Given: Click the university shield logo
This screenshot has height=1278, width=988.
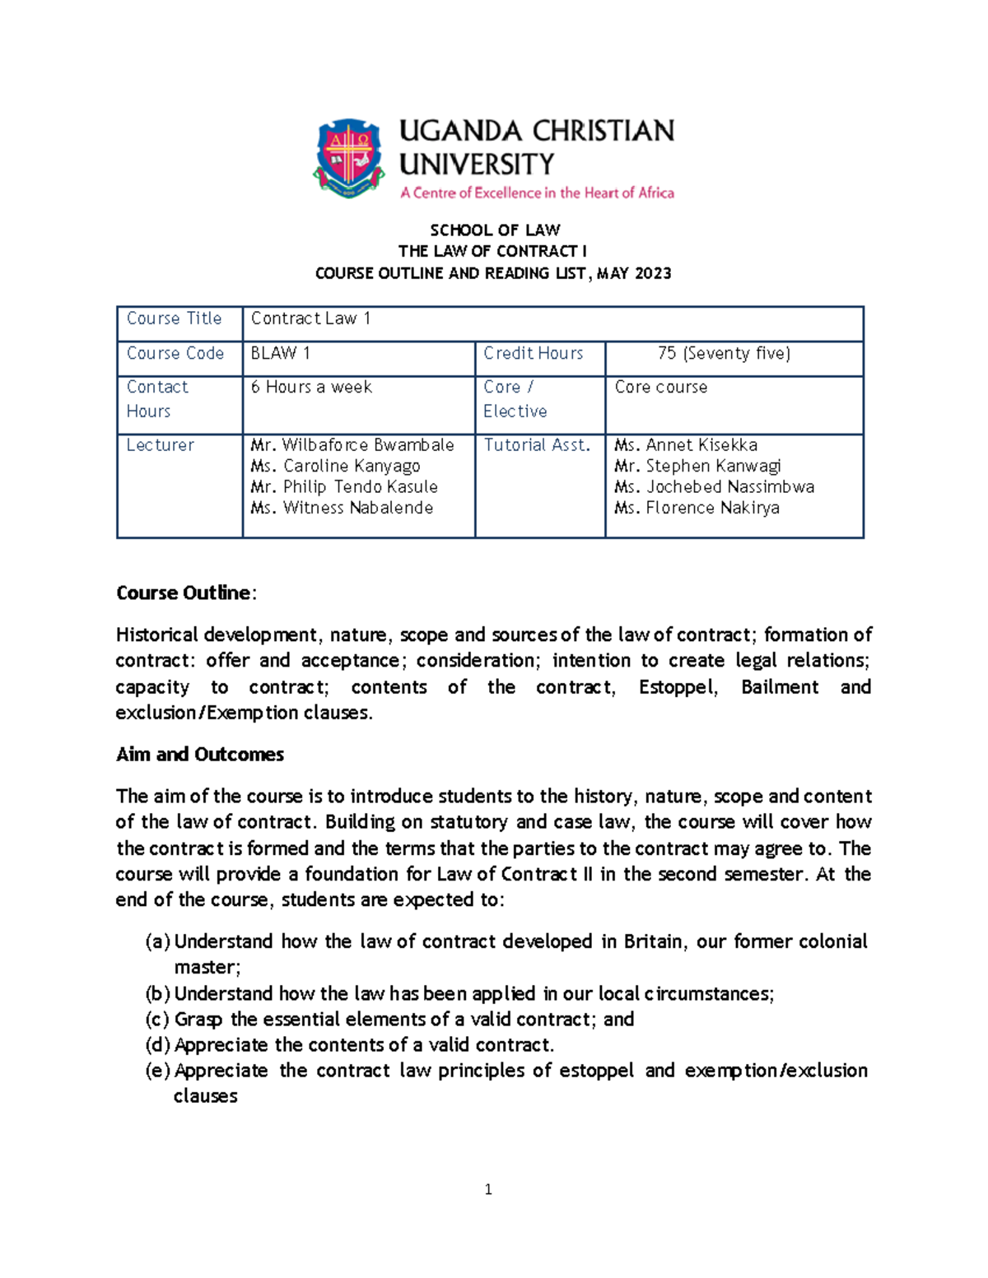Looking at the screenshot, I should pos(349,156).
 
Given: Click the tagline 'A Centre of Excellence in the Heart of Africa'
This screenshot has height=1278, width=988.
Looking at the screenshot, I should pos(537,193).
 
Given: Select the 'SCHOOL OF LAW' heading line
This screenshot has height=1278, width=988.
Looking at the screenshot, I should pos(495,230).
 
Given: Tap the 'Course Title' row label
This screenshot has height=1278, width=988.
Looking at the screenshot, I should pos(174,318).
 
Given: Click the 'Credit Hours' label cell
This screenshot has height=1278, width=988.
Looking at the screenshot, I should pos(533,353).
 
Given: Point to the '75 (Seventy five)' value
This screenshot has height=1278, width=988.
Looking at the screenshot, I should pos(724,353).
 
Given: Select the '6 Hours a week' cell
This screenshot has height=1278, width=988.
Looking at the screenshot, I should pos(311,387).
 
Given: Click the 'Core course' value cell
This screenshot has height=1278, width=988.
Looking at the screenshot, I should pos(661,387).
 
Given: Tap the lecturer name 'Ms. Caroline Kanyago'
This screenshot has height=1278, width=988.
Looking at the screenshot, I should pos(335,466).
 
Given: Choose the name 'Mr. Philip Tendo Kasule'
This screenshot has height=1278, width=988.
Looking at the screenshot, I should pos(344,487).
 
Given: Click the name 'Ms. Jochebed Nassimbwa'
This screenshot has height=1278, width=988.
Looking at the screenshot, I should pos(714,487).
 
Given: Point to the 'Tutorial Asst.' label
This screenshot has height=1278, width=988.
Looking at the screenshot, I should pos(537,445).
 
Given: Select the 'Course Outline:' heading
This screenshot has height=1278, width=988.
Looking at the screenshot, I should pos(186,593).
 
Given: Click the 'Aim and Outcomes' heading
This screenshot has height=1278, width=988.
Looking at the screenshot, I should pos(200,755).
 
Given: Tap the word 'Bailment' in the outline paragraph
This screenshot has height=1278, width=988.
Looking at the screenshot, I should pos(780,687).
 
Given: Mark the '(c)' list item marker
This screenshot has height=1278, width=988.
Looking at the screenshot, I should pos(157,1020).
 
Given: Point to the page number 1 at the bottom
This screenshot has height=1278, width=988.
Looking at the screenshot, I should pos(488,1189).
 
